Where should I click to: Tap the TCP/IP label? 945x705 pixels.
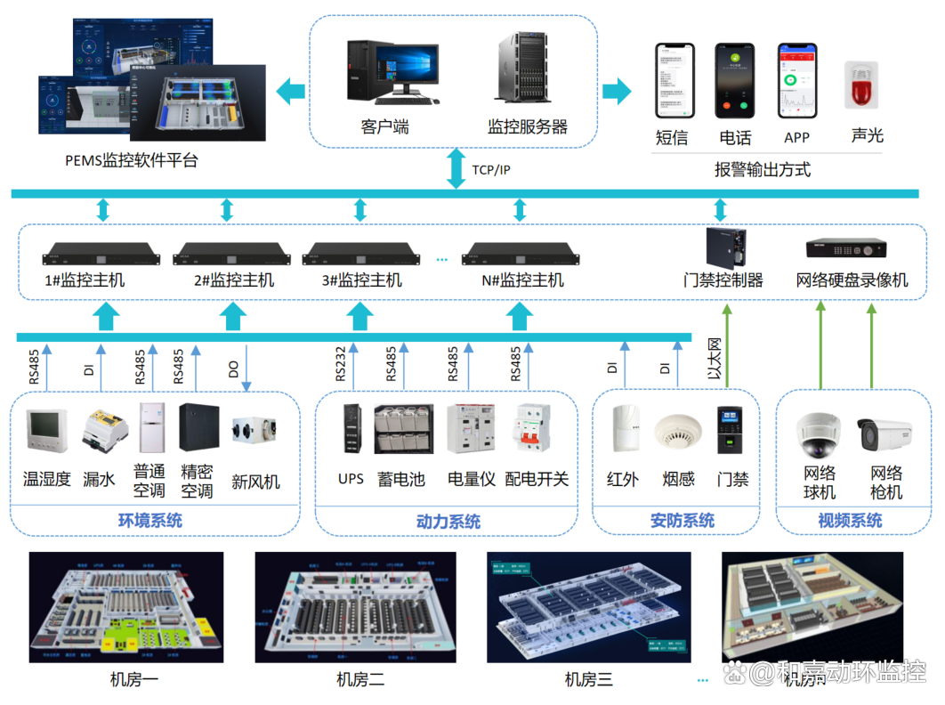click(x=491, y=169)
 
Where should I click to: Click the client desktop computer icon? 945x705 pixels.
click(x=392, y=69)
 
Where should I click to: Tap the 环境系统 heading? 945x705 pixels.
click(x=150, y=521)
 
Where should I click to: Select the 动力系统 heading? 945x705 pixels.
click(x=448, y=522)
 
